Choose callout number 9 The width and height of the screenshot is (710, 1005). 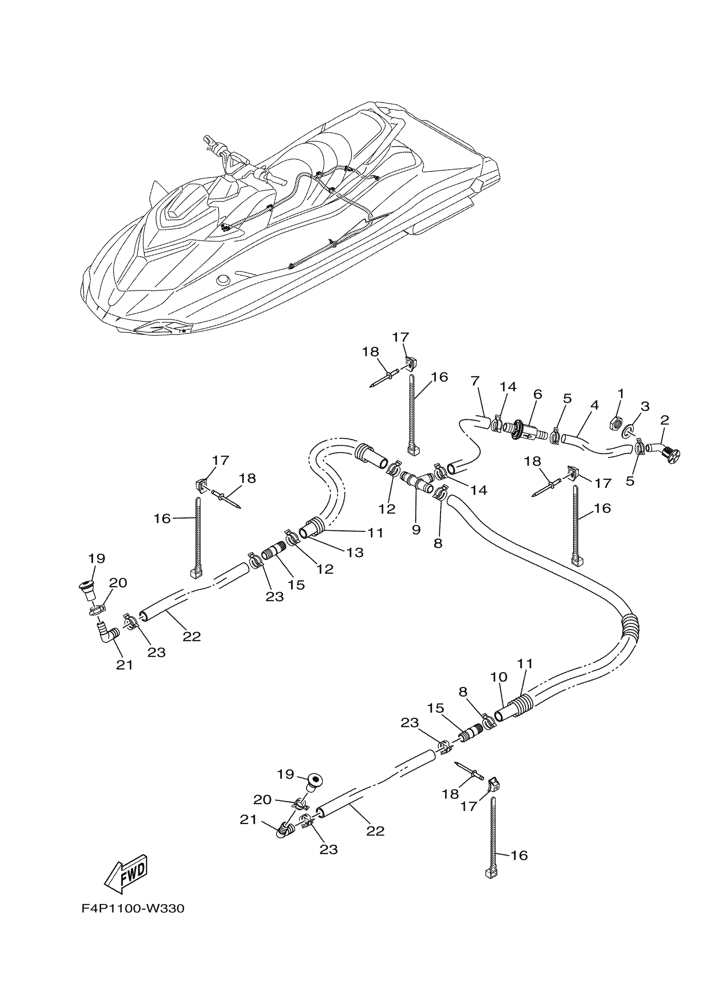416,529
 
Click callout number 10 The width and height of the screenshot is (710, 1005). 499,677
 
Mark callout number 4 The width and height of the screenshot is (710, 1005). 593,405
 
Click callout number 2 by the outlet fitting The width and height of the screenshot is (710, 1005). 664,420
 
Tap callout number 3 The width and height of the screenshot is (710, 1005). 645,406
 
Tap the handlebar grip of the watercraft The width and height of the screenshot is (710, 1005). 209,143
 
